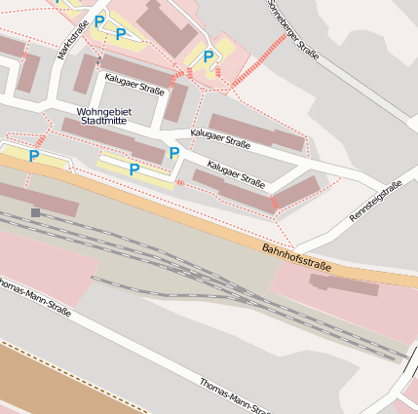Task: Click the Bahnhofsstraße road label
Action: (296, 258)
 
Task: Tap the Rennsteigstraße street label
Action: (375, 202)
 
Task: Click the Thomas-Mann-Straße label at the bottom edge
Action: (234, 395)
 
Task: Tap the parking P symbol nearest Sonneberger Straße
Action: (209, 56)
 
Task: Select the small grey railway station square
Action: (36, 211)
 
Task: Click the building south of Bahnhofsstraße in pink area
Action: (344, 284)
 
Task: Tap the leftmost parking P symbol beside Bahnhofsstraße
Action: (34, 156)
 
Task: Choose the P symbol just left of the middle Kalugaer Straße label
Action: (174, 153)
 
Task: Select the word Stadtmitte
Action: (103, 122)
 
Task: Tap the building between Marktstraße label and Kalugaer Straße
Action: (85, 73)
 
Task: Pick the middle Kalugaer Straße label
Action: (220, 138)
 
